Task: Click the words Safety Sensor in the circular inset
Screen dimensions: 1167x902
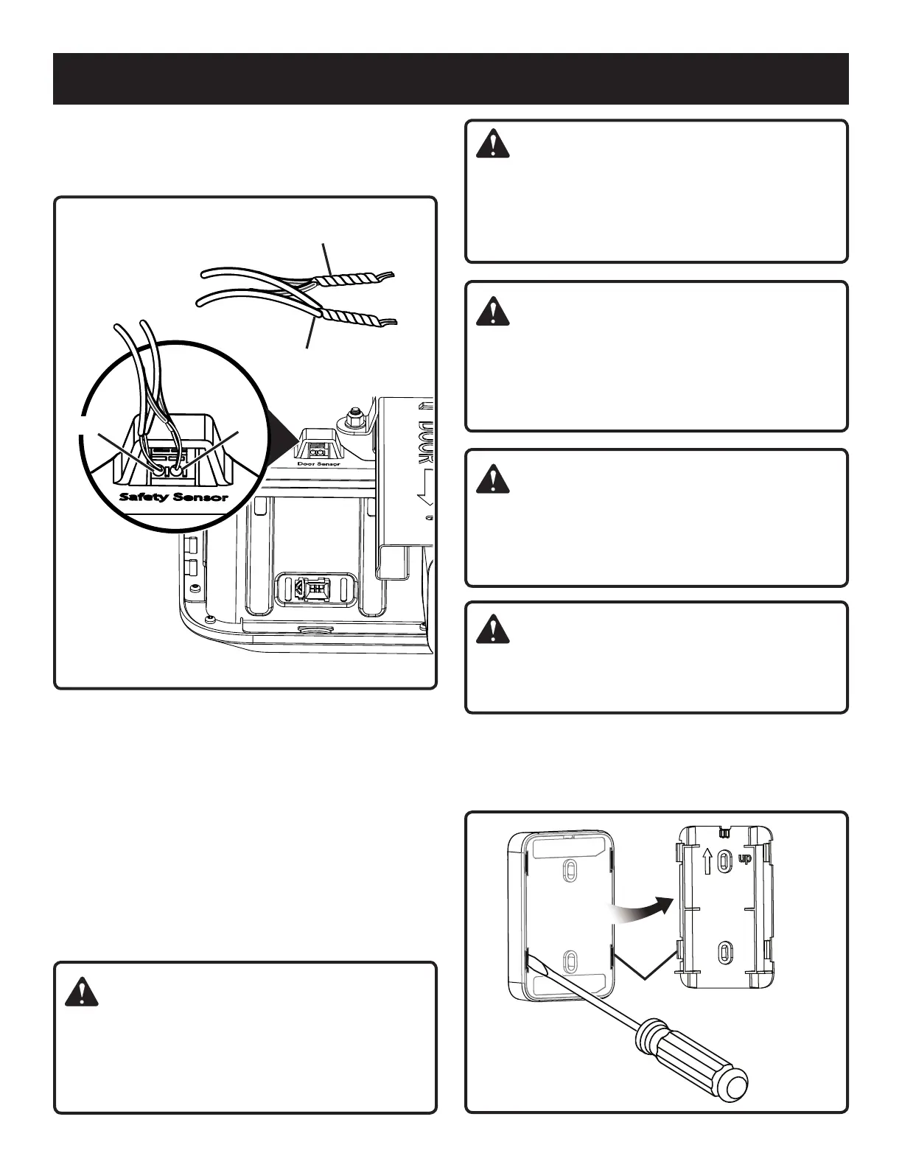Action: [x=174, y=497]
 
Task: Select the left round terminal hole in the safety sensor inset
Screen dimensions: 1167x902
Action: [x=158, y=467]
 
